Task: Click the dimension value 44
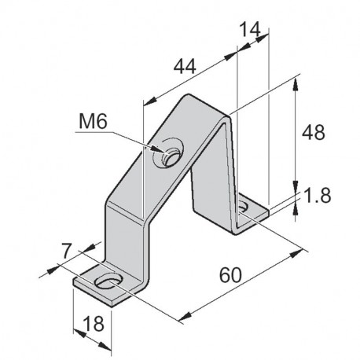coord(186,68)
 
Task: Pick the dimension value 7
coord(69,253)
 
